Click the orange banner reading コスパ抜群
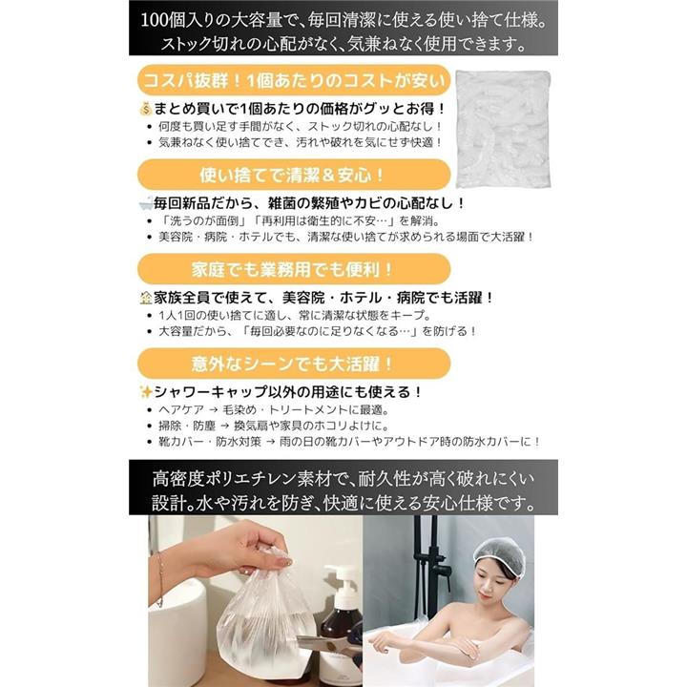[x=294, y=80]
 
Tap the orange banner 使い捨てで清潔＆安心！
[x=294, y=175]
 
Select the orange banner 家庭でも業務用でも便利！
[x=294, y=269]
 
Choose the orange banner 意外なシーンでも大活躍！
[x=294, y=364]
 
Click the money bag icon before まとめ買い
[x=145, y=109]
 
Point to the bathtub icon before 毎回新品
[x=145, y=203]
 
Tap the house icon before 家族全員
[x=145, y=298]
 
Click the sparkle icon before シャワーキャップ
[x=145, y=392]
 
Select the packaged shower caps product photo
[x=503, y=129]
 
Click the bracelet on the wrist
[x=159, y=578]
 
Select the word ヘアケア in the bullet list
[x=181, y=410]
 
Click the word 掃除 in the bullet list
[x=170, y=426]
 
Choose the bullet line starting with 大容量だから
[x=317, y=331]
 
